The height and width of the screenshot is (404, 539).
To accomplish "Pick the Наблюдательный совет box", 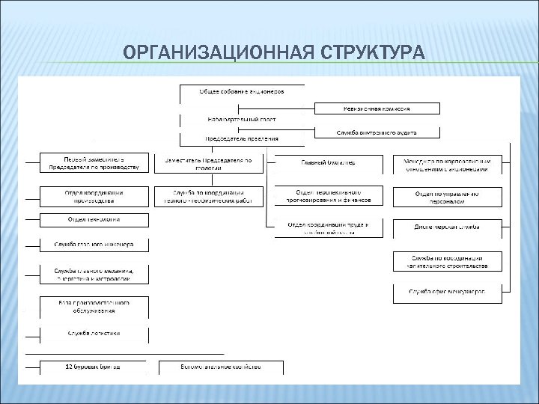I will [242, 120].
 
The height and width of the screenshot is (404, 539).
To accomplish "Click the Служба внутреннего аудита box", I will [377, 132].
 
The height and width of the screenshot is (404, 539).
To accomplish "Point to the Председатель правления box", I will [242, 138].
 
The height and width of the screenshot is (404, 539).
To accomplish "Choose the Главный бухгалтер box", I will [329, 162].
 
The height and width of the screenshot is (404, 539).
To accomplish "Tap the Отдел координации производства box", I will [94, 196].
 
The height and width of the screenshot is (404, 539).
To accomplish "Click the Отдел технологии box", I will [94, 219].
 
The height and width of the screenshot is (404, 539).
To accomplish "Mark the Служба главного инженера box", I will [94, 244].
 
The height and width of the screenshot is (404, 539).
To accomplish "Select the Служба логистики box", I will [94, 333].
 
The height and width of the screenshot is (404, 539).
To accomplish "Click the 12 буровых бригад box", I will [94, 367].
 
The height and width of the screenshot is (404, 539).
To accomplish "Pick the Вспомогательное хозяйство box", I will [222, 367].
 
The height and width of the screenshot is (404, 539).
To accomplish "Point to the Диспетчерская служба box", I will [447, 226].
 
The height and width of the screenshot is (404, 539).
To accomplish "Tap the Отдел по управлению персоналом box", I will [447, 197].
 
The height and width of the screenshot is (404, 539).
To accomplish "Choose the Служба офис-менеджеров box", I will [447, 292].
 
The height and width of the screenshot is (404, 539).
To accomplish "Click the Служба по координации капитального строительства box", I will [447, 261].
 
